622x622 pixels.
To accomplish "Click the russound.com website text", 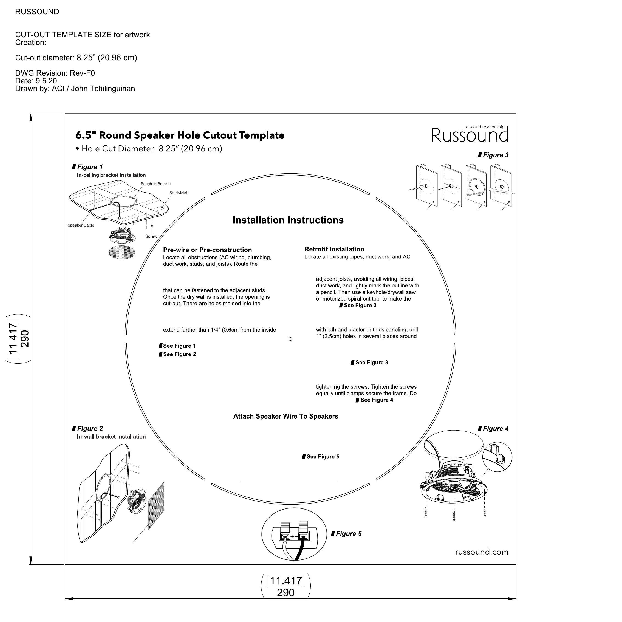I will (x=482, y=552).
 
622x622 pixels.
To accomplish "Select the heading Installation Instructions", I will (x=288, y=220).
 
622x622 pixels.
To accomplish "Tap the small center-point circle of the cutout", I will (x=290, y=339).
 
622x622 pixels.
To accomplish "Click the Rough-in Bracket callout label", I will (x=155, y=184).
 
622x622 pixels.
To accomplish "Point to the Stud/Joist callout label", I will (x=178, y=193).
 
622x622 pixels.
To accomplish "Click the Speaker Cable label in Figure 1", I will (x=81, y=225).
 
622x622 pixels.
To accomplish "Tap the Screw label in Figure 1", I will (x=151, y=237).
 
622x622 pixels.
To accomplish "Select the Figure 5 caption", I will (x=348, y=534).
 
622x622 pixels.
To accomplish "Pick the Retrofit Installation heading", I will (x=334, y=250).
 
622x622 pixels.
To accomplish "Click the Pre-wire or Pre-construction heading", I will (x=207, y=250).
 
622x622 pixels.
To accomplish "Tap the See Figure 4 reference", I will (x=376, y=400).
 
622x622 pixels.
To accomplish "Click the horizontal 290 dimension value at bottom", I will (x=285, y=593).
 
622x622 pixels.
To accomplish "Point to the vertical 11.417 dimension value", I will (x=13, y=339).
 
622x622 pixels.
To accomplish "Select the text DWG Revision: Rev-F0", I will (x=55, y=73).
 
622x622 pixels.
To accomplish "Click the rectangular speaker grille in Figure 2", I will (x=156, y=506).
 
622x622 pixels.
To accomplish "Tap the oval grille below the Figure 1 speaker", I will (x=122, y=252).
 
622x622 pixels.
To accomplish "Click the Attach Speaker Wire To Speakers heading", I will (x=285, y=417).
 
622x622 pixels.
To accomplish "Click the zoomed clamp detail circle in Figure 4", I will (x=497, y=457).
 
